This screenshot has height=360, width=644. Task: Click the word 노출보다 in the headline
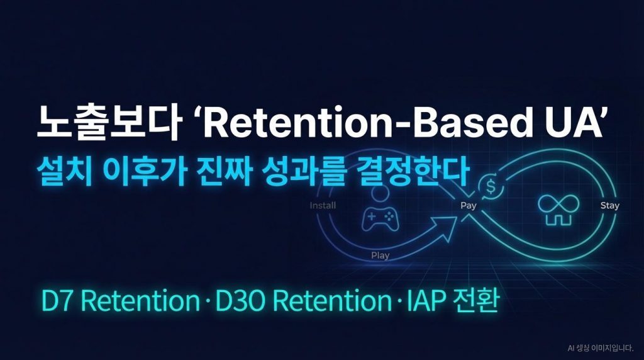(109, 123)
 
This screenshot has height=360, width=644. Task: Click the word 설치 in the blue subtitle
(64, 171)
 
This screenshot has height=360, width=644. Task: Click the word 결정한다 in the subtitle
(413, 171)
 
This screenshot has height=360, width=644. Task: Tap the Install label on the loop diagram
(323, 205)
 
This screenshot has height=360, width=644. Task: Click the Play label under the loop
(380, 255)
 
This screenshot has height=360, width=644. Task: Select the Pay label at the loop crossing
(468, 205)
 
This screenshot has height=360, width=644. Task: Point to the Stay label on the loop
(610, 205)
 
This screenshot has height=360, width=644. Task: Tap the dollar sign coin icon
(491, 188)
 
